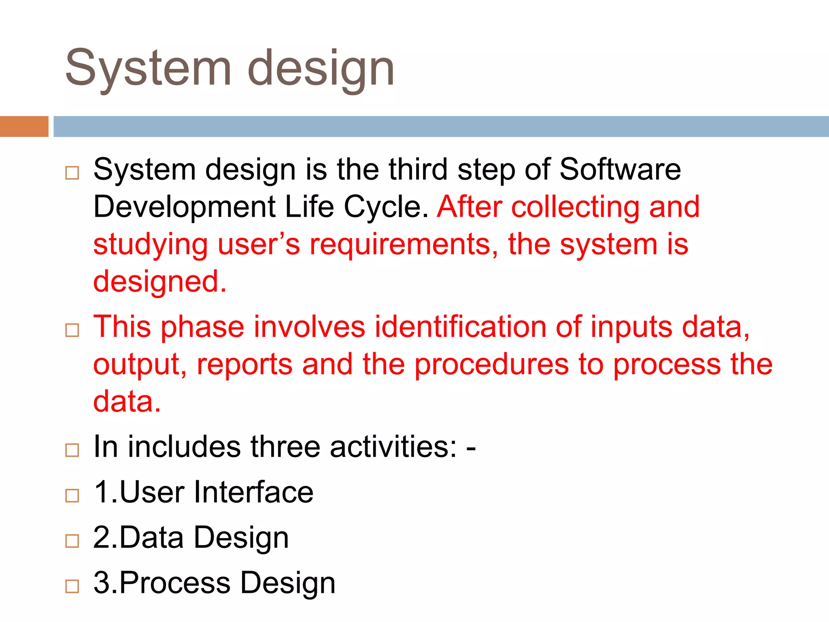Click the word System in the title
(148, 68)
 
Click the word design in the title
(321, 68)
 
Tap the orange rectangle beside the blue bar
(24, 126)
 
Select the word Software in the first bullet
(620, 169)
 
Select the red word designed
(159, 282)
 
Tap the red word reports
(244, 364)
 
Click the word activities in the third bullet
(393, 447)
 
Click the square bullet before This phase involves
(72, 330)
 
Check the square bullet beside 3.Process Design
(72, 586)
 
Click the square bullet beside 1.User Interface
(72, 496)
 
